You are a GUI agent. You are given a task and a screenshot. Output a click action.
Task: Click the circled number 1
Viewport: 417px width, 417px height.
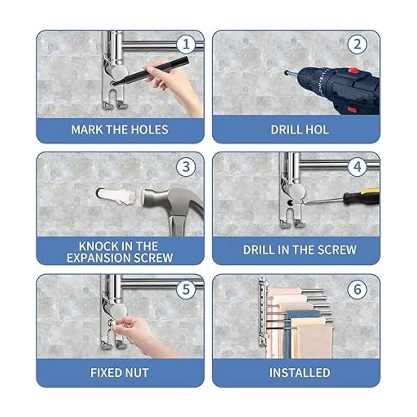(x=186, y=44)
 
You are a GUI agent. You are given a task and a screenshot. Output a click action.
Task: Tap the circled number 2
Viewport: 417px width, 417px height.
(x=357, y=44)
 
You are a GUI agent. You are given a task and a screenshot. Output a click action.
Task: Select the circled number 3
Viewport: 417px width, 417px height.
(x=186, y=166)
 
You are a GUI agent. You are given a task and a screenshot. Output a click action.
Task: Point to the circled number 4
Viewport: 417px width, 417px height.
(x=357, y=166)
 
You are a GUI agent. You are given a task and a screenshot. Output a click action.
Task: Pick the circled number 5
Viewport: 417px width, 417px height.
(x=186, y=289)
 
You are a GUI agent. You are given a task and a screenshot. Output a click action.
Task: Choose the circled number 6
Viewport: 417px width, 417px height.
(x=357, y=289)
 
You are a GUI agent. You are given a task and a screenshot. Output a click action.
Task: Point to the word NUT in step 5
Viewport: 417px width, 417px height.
(x=137, y=373)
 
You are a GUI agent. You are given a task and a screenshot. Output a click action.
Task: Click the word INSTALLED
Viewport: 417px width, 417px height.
(x=300, y=373)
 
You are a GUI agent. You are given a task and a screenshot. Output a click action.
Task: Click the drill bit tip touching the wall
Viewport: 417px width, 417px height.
(x=286, y=73)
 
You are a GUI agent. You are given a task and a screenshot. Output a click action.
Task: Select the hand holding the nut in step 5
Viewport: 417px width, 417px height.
(x=139, y=337)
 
